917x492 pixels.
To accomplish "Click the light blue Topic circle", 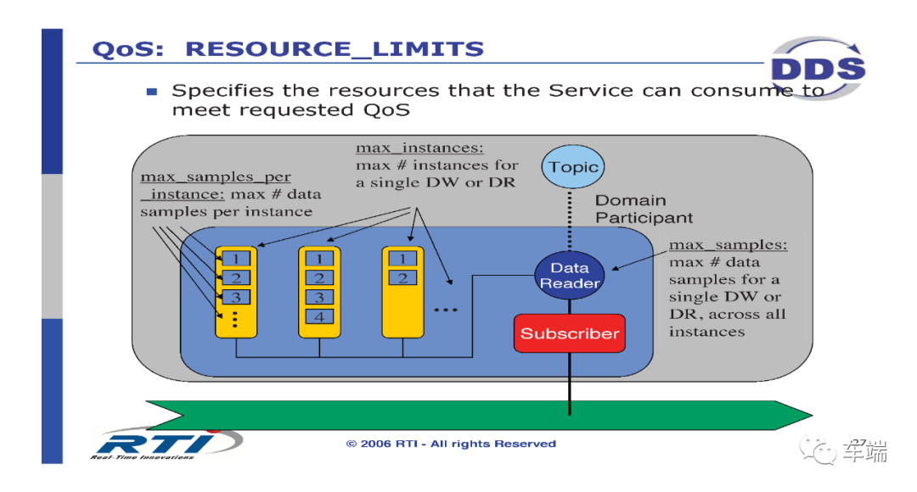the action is [572, 166].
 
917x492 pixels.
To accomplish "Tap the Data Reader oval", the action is [570, 275].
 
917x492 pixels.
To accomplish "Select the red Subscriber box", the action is [570, 333].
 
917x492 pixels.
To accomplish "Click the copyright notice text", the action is [451, 444].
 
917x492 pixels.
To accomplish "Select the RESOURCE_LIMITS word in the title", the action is [335, 49].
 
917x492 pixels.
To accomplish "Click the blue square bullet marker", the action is [152, 91].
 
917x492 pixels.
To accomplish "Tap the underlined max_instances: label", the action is [420, 148].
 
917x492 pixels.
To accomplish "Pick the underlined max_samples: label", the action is [729, 245].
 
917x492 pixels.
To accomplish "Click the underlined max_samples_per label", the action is [215, 176].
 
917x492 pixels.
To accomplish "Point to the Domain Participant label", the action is [644, 209].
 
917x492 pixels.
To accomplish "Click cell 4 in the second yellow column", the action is [319, 316].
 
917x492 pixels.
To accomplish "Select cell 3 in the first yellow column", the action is [236, 297].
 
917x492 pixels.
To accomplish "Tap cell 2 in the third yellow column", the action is [402, 277].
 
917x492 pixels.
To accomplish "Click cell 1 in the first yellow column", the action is [236, 258].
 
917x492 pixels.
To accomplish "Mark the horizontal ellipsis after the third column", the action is [446, 310].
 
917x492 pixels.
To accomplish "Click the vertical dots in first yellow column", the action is [235, 319].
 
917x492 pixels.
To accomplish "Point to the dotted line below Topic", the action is [571, 220].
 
